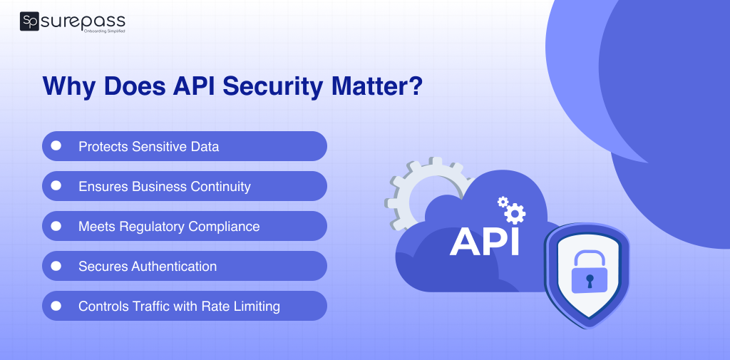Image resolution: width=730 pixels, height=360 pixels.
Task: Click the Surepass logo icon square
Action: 29,22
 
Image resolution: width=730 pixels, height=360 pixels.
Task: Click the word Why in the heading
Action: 69,86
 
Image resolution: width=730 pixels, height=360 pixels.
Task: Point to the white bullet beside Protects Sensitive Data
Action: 56,146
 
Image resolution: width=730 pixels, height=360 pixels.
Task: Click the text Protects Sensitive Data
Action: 148,147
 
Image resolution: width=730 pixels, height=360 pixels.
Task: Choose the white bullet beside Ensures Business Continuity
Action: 56,186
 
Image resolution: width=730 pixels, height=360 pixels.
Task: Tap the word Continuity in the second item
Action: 220,187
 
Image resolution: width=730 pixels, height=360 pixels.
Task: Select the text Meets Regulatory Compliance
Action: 169,227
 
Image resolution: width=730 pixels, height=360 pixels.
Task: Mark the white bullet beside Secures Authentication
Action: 56,266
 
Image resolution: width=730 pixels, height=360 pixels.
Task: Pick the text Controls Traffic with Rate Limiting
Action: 179,307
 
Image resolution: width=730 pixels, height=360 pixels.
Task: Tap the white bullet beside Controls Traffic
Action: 56,306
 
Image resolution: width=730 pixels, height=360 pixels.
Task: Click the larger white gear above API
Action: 514,212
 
